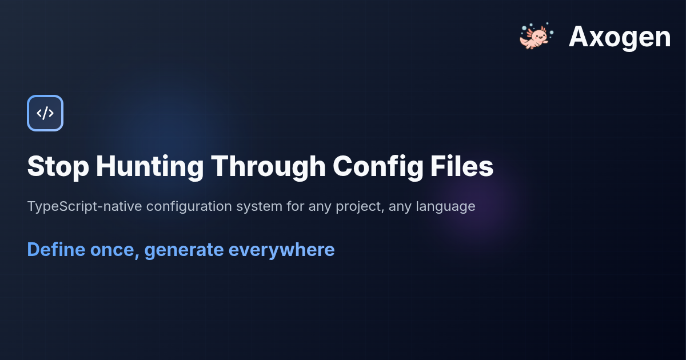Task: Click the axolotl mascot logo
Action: point(534,37)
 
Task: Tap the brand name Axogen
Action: point(620,37)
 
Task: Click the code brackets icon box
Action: point(45,113)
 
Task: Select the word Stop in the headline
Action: point(58,167)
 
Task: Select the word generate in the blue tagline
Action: point(184,250)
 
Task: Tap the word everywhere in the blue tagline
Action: point(282,250)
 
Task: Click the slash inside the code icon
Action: point(45,113)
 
